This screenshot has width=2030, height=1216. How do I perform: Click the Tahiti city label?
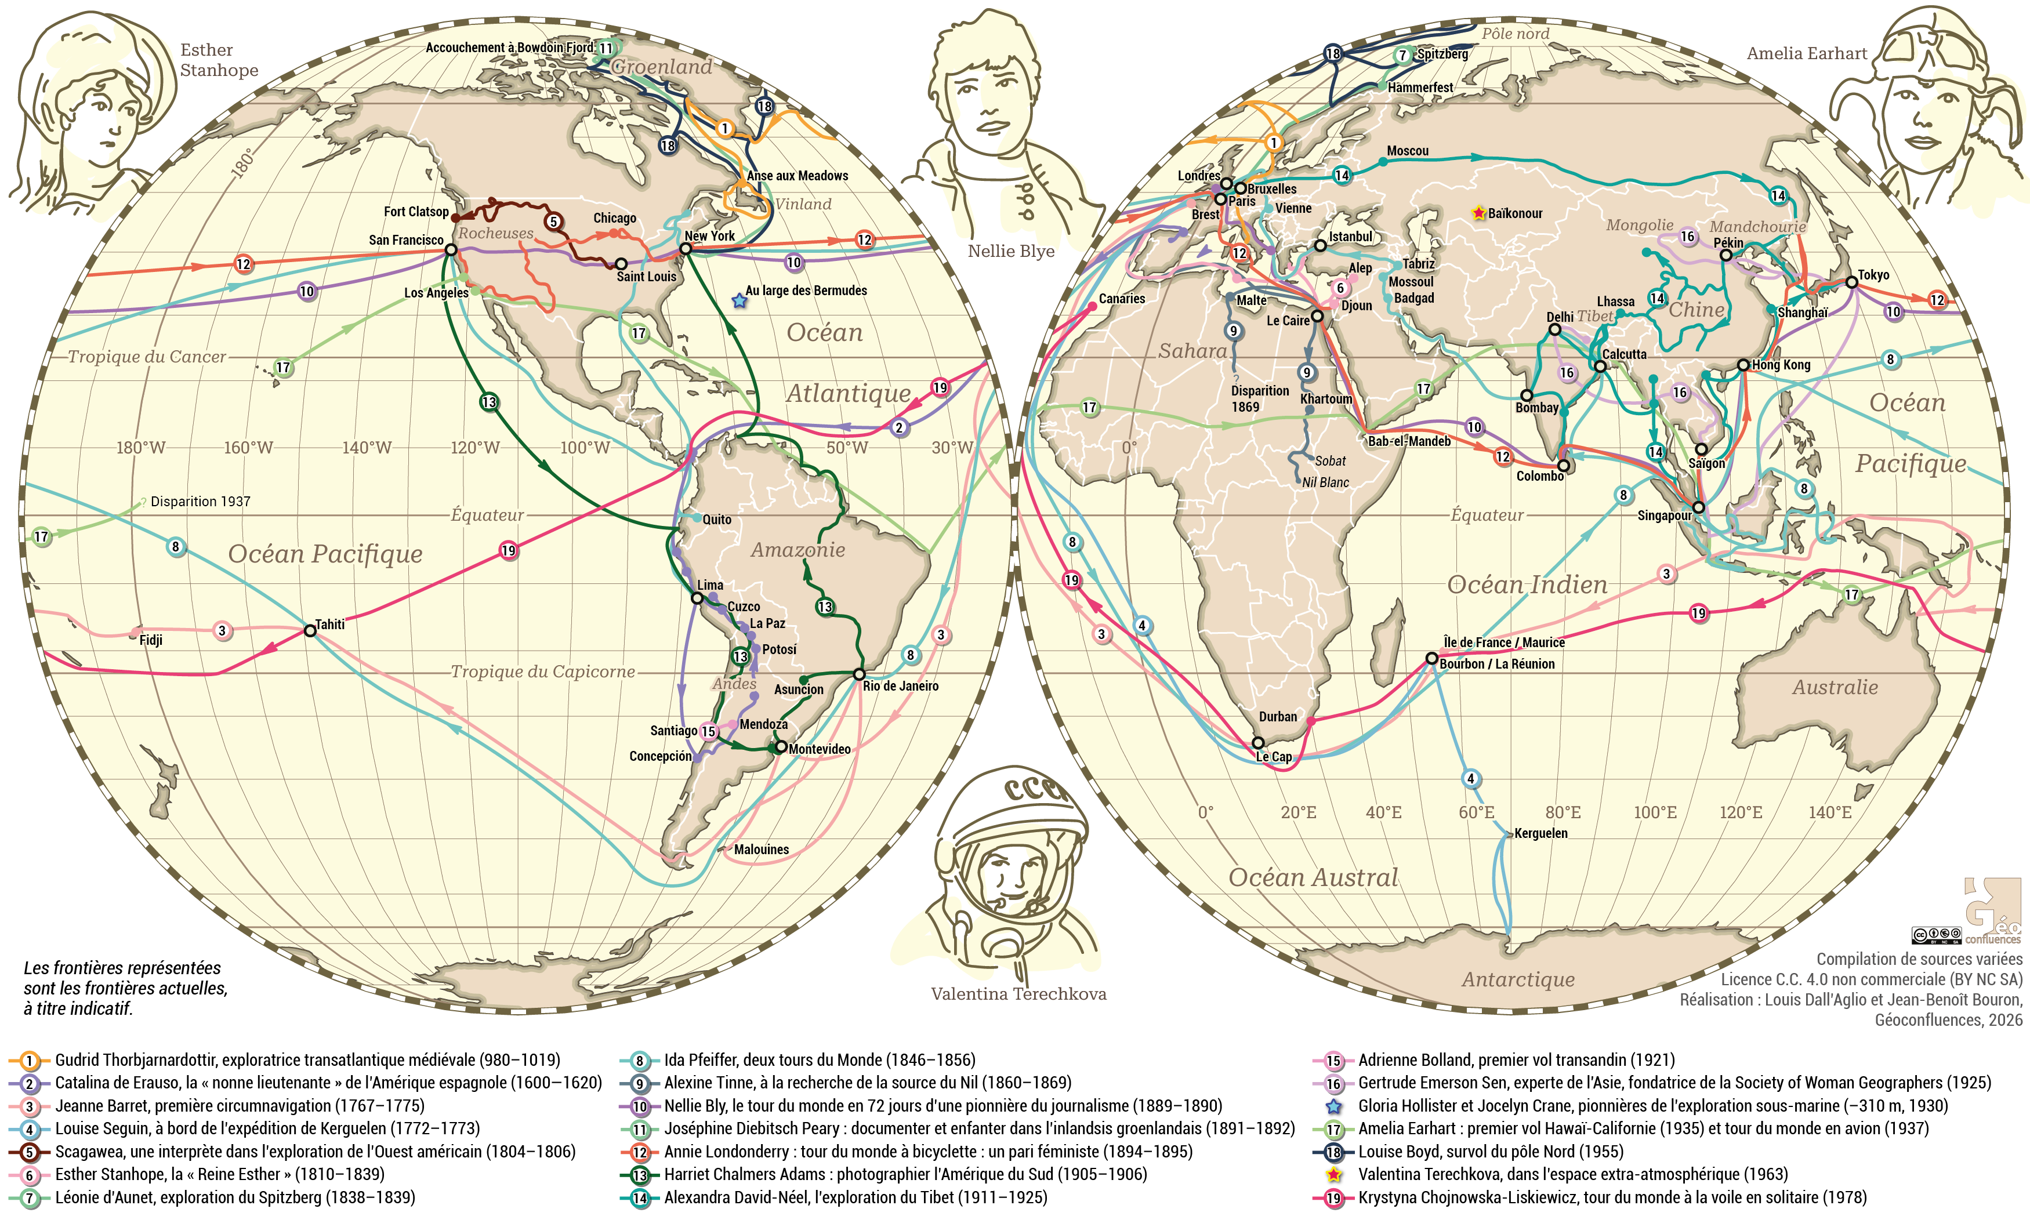[x=330, y=625]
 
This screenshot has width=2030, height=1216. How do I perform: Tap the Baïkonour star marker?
[x=1478, y=213]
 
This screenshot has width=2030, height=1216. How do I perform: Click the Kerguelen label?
[x=1540, y=833]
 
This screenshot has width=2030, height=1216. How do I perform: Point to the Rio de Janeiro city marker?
[x=859, y=674]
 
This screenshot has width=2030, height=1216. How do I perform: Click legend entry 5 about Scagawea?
[x=315, y=1151]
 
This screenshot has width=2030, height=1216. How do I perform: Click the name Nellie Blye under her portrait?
[x=1010, y=251]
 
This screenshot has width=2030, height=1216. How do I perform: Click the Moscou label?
[x=1407, y=151]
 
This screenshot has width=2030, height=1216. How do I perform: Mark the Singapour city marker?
[x=1698, y=507]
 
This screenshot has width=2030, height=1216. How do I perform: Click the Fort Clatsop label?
[x=416, y=212]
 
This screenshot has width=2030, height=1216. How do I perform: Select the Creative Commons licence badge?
[x=1936, y=935]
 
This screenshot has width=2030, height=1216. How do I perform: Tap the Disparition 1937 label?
[x=200, y=502]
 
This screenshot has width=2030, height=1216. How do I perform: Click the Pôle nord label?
[x=1516, y=34]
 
